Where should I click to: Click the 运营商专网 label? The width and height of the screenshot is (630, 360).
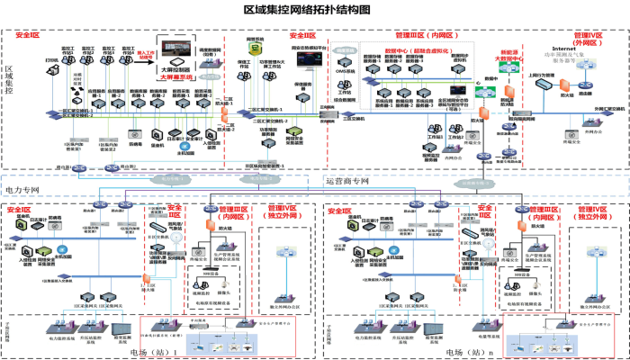tap(346, 182)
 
